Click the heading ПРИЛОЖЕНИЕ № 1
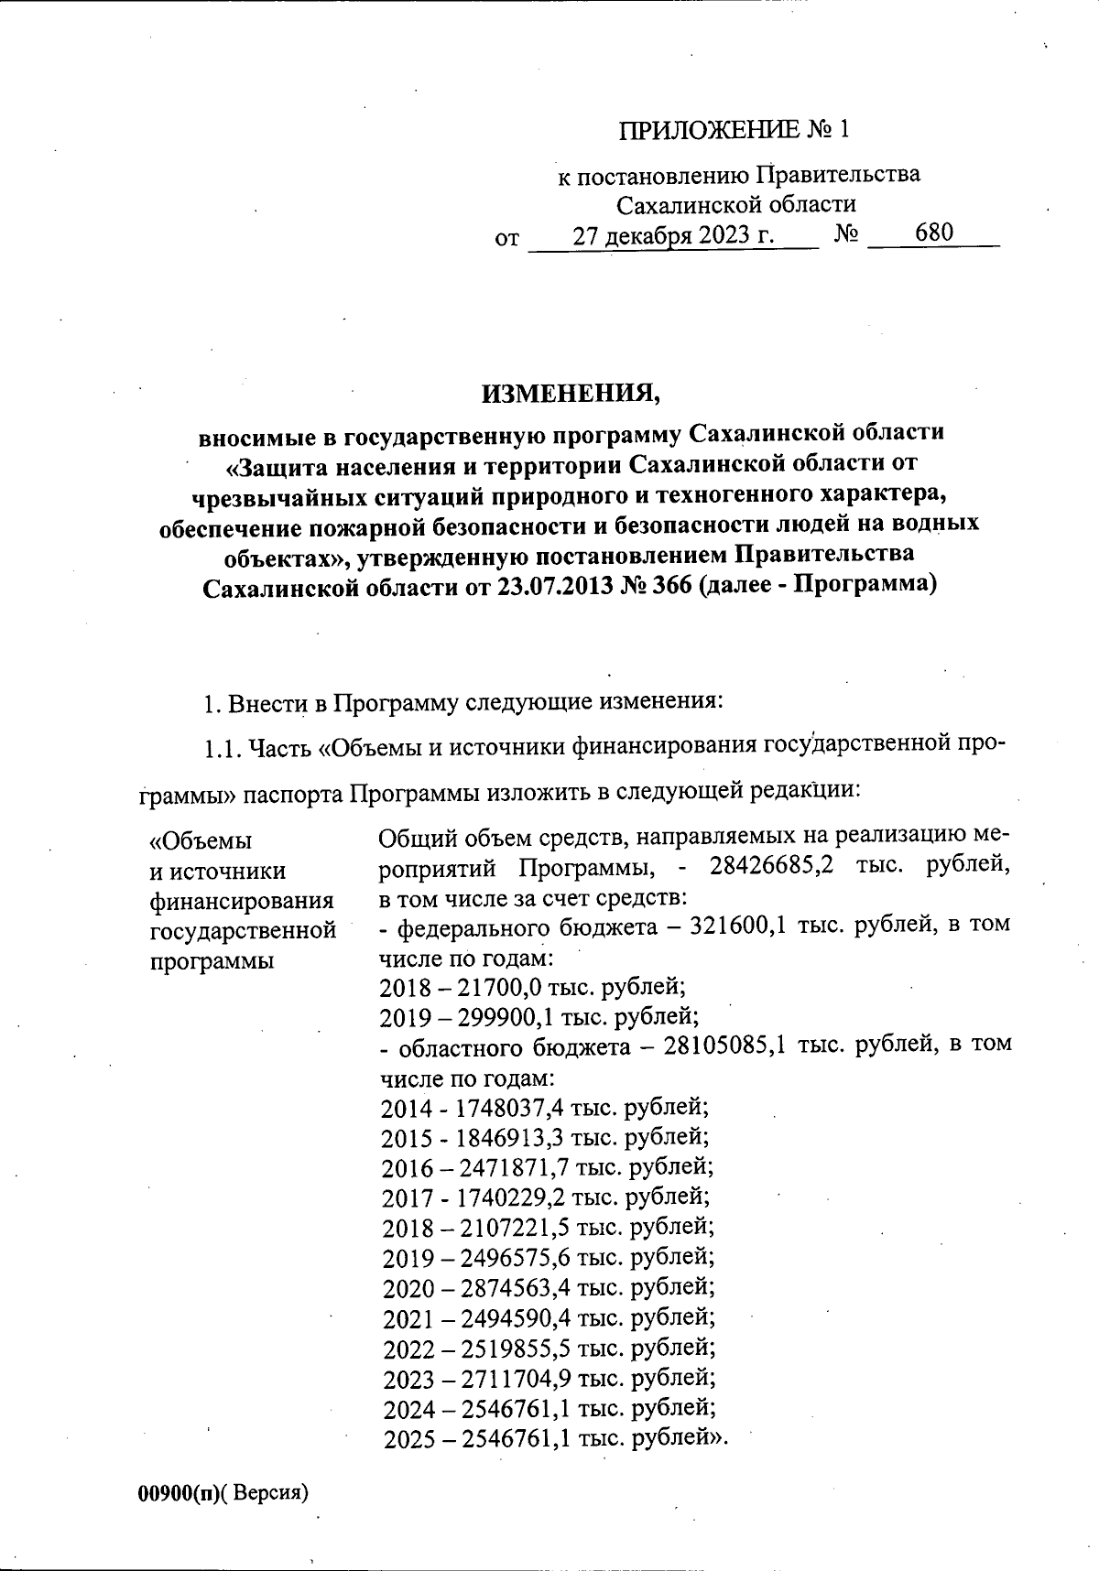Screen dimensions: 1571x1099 click(x=734, y=130)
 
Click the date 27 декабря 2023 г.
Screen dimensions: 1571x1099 click(x=673, y=235)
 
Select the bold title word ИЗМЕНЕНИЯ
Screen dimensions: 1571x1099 click(x=571, y=394)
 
